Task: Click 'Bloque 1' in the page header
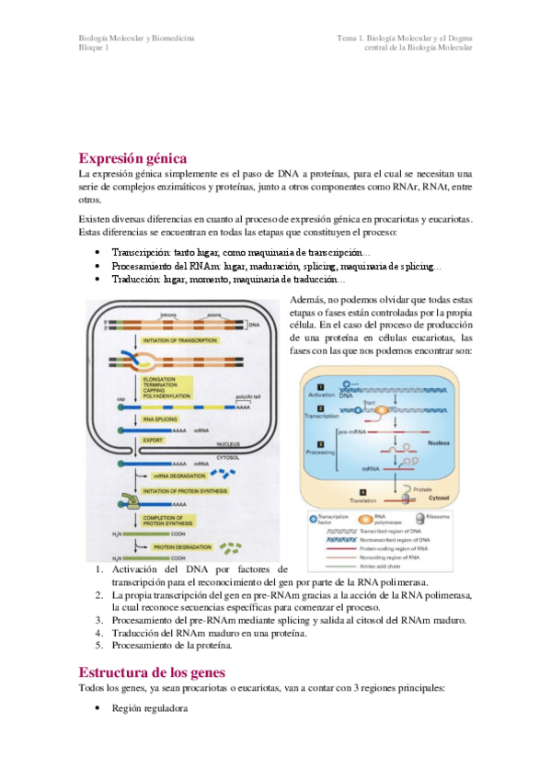[x=94, y=48]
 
